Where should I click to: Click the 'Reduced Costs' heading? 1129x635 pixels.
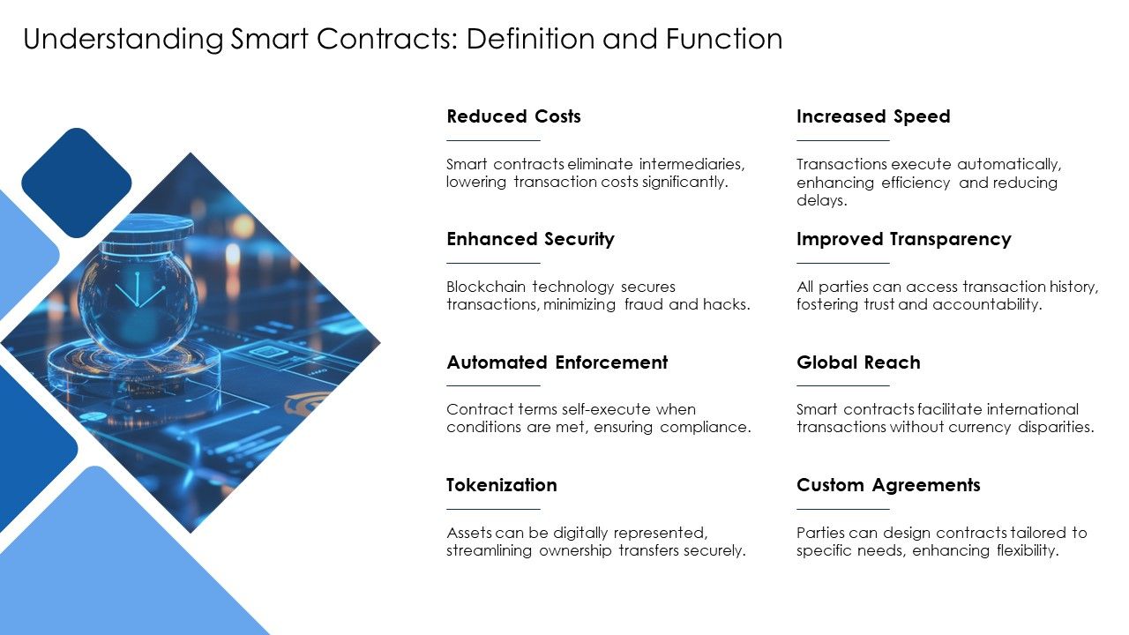coord(513,116)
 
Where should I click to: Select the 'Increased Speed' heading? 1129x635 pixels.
coord(872,116)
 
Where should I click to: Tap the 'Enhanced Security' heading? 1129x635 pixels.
coord(530,239)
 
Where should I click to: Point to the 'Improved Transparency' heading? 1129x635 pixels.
coord(903,239)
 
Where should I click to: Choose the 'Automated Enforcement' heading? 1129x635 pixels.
coord(557,362)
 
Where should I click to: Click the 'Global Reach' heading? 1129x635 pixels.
coord(857,362)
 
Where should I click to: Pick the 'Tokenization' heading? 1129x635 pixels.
coord(501,485)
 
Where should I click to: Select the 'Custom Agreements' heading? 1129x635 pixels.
coord(887,485)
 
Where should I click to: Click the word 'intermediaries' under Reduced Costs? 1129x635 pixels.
coord(692,164)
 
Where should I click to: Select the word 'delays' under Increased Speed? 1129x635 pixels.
coord(821,200)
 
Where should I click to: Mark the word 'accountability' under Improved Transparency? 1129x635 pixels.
coord(989,305)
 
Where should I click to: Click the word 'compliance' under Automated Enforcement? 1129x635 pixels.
coord(707,428)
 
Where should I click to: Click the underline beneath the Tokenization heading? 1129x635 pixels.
coord(493,509)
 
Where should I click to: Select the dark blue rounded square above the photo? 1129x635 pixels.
coord(77,183)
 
